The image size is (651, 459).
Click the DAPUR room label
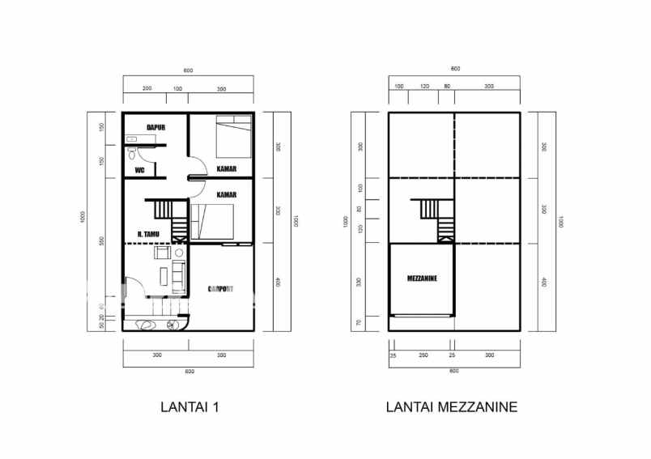pos(157,127)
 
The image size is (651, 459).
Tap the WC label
pos(139,170)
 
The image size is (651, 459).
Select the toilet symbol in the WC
pos(131,153)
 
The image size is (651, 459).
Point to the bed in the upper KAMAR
pos(233,134)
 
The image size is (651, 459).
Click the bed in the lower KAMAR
pos(212,221)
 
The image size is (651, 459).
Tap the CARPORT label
pos(221,288)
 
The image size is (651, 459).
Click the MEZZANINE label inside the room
pos(422,278)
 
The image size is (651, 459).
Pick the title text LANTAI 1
pos(190,407)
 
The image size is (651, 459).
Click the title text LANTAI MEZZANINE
pos(451,407)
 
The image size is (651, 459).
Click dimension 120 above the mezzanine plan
pos(423,86)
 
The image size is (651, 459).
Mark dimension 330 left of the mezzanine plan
pos(360,281)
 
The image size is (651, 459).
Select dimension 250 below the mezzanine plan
pos(423,355)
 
